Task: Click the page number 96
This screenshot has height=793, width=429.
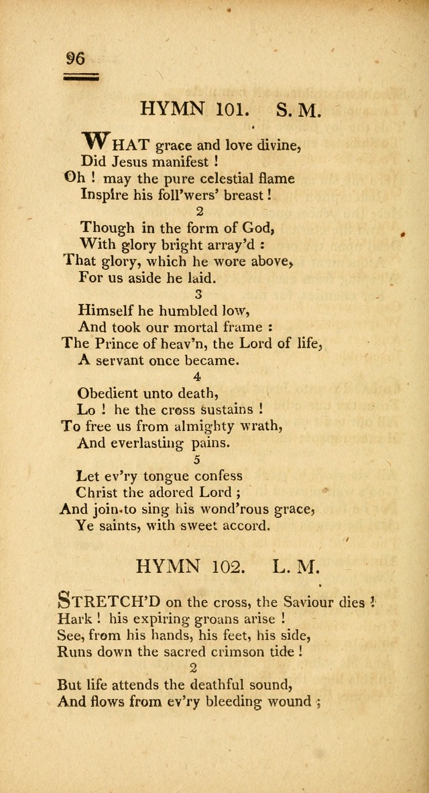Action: pos(76,58)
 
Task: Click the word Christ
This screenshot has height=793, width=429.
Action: pos(99,492)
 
